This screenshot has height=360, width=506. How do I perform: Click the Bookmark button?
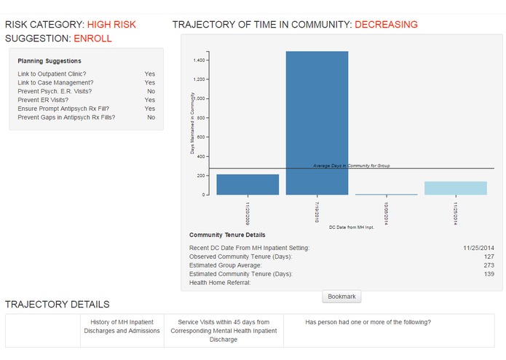click(x=341, y=297)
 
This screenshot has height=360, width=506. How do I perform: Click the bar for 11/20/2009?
click(x=248, y=184)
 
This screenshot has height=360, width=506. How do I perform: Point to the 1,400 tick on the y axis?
click(x=199, y=60)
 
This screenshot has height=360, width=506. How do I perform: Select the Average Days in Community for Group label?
click(x=352, y=165)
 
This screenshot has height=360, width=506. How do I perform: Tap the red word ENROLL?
click(x=94, y=38)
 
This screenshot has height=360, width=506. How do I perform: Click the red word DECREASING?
click(x=386, y=25)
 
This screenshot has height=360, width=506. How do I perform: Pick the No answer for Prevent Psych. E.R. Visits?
click(x=151, y=91)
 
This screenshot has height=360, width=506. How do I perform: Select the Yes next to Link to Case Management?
click(x=150, y=82)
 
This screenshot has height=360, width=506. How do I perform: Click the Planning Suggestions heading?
click(x=50, y=60)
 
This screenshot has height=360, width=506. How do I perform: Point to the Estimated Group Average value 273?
click(x=489, y=265)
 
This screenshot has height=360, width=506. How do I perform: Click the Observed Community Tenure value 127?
click(x=489, y=257)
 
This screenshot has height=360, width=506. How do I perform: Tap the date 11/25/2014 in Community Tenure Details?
click(x=478, y=248)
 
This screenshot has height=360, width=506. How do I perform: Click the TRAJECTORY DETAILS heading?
click(x=58, y=304)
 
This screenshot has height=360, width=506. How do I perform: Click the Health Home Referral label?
click(x=220, y=282)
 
